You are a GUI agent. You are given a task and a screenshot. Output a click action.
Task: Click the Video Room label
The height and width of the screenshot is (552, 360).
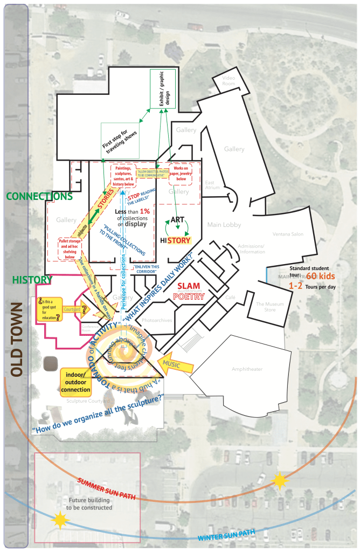click(x=229, y=80)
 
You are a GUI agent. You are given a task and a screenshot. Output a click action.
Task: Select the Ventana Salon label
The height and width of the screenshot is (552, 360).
click(x=288, y=234)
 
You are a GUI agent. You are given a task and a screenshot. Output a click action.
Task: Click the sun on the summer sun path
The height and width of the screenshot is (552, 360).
click(x=280, y=481)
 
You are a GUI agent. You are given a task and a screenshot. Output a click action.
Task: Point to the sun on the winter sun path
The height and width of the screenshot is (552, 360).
click(x=59, y=520)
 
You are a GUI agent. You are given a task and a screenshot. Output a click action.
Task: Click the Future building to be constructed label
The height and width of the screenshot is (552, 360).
click(x=89, y=504)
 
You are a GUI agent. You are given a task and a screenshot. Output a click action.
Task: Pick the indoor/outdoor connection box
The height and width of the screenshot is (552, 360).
click(x=75, y=382)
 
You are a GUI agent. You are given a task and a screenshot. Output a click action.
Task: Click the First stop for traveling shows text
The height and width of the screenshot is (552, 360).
click(x=121, y=140)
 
